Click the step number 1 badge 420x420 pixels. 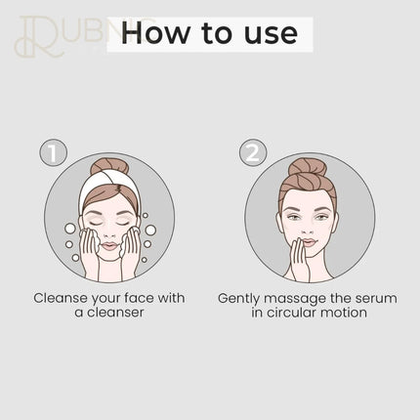coord(53,152)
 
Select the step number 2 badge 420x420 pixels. coord(253,152)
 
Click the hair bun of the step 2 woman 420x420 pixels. coord(308,168)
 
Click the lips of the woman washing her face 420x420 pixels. coord(109,246)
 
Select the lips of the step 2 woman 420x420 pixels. coord(309,242)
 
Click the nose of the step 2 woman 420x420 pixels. coord(308,231)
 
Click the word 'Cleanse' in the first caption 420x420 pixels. coord(61,298)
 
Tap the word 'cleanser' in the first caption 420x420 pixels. coord(116,313)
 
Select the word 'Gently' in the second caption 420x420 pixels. coord(238,299)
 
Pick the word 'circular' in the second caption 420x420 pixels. coord(292,313)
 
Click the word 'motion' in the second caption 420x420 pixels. coord(344,313)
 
